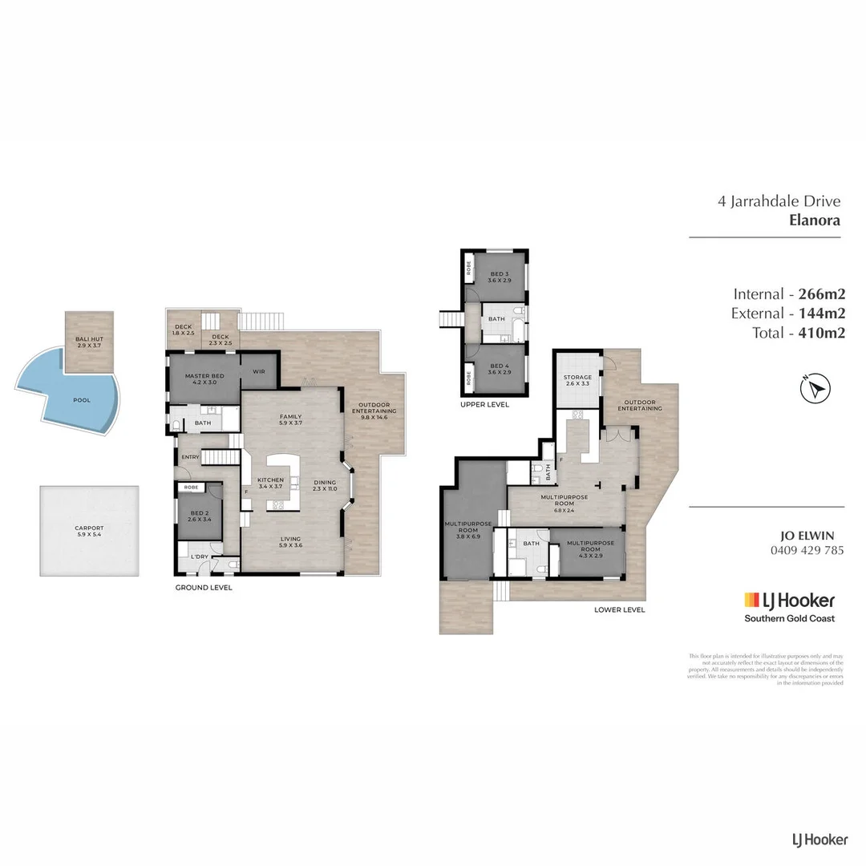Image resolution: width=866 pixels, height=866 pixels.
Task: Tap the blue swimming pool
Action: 80,400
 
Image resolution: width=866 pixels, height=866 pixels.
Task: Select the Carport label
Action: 89,531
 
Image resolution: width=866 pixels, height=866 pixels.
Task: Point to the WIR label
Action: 259,371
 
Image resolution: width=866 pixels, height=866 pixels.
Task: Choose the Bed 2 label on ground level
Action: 199,517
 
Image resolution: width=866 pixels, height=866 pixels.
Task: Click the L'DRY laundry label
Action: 200,556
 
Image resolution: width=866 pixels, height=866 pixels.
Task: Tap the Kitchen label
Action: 270,484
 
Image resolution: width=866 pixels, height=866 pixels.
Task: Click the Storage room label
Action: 577,380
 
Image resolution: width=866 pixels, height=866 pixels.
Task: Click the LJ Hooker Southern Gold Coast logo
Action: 789,607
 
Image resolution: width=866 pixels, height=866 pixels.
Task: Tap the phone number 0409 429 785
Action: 807,550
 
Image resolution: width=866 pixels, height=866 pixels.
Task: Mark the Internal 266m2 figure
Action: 788,293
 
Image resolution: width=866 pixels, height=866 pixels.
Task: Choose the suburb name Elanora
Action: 815,220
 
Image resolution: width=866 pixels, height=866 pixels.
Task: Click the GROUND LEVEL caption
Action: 204,588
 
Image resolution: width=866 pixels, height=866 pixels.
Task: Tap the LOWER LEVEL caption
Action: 619,610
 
